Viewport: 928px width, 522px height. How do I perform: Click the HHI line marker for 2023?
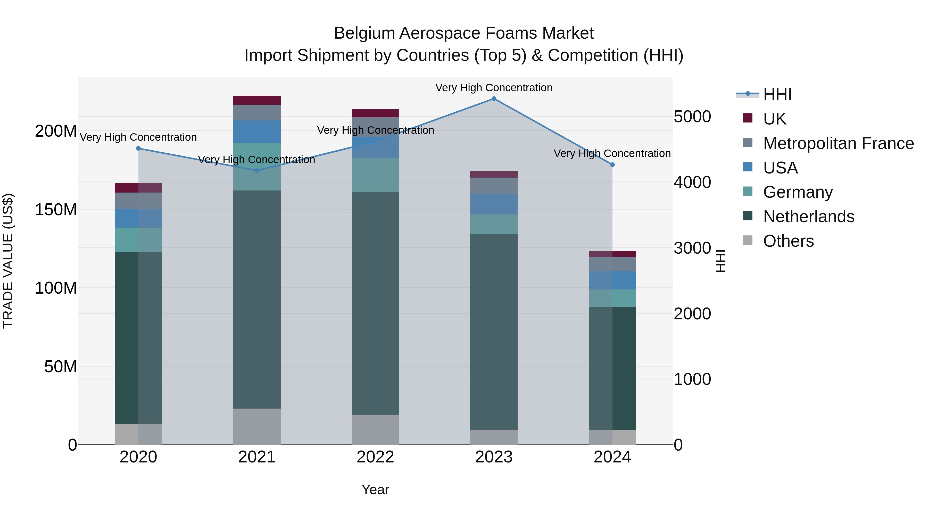click(494, 99)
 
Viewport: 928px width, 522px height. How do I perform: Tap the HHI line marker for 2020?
click(138, 148)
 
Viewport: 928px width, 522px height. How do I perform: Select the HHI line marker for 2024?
click(612, 165)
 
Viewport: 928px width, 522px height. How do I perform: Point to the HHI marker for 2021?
click(257, 171)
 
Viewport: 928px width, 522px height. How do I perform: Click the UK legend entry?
click(775, 119)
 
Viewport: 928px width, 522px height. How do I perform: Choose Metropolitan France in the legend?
click(838, 143)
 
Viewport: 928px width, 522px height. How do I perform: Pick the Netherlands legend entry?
click(808, 217)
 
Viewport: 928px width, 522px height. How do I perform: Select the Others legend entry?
click(788, 241)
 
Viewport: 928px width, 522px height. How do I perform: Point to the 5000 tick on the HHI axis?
click(692, 117)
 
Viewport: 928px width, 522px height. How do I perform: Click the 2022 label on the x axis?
click(375, 457)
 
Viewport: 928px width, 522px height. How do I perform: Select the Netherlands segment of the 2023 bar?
click(494, 332)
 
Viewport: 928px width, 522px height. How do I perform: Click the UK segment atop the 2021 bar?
click(257, 100)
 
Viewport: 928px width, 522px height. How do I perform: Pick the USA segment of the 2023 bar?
click(494, 204)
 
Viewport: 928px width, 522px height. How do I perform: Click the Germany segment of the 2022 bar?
click(375, 175)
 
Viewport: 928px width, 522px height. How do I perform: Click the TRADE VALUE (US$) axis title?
click(8, 261)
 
